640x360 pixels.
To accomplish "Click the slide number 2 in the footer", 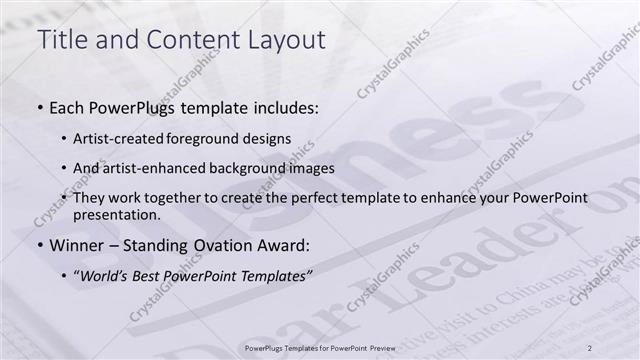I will coord(590,346).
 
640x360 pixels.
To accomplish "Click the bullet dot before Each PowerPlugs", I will coord(39,105).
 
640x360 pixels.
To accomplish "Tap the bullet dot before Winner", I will coord(39,243).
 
